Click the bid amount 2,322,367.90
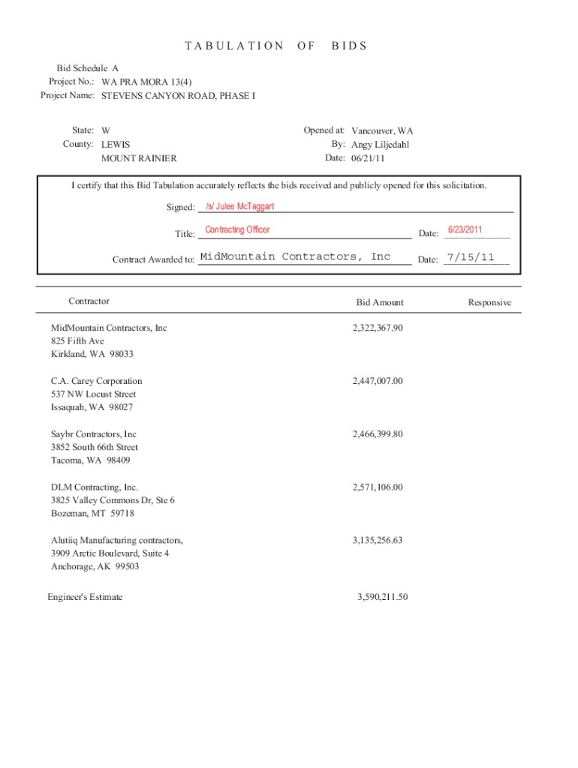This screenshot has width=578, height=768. pyautogui.click(x=378, y=328)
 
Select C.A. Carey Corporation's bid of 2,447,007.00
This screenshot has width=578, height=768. pyautogui.click(x=378, y=381)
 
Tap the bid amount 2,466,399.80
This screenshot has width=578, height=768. pyautogui.click(x=378, y=434)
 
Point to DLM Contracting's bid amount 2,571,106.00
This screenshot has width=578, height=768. pyautogui.click(x=378, y=487)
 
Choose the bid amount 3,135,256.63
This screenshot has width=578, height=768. pyautogui.click(x=378, y=540)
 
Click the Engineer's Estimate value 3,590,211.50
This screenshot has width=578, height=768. pyautogui.click(x=382, y=598)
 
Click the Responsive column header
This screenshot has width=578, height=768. pyautogui.click(x=489, y=303)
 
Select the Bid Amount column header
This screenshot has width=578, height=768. pyautogui.click(x=380, y=303)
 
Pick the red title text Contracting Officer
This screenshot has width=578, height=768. pyautogui.click(x=237, y=230)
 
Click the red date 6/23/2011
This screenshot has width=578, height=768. pyautogui.click(x=465, y=229)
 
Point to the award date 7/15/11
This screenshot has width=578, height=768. pyautogui.click(x=471, y=257)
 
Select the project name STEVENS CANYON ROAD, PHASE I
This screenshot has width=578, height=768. pyautogui.click(x=179, y=96)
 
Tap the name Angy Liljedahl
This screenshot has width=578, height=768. pyautogui.click(x=381, y=145)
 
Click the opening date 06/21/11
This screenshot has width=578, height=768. pyautogui.click(x=366, y=158)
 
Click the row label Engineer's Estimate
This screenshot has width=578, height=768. pyautogui.click(x=85, y=598)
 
